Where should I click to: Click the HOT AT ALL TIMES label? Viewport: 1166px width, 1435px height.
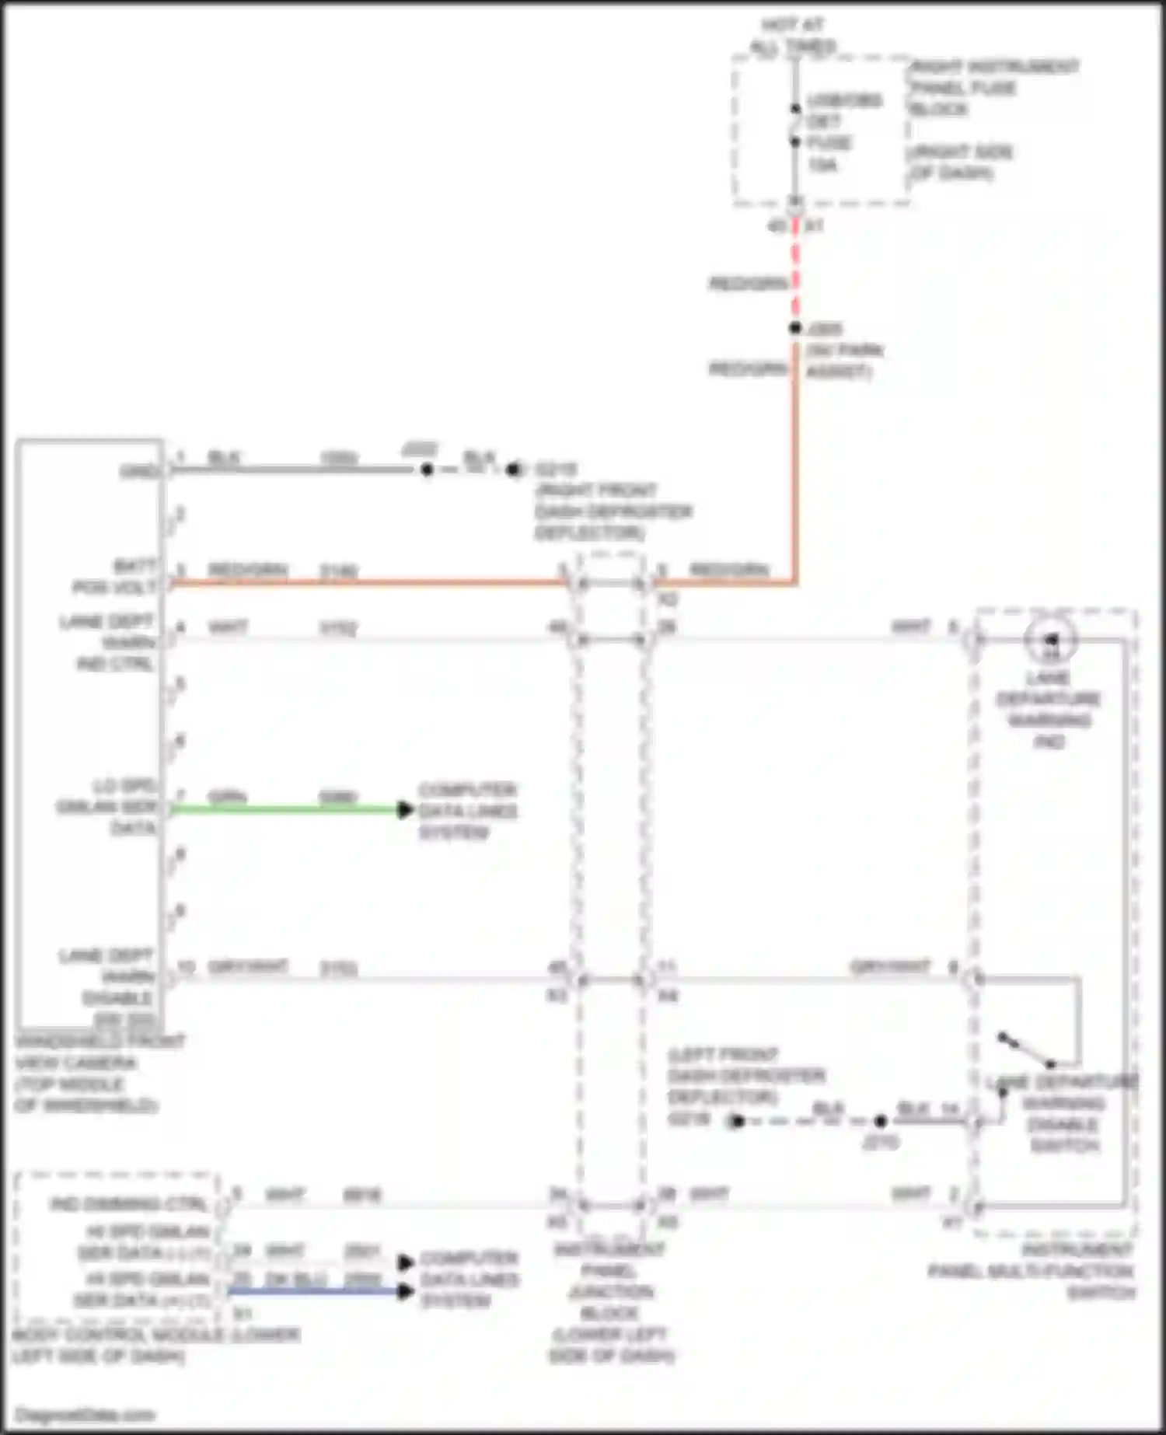793,36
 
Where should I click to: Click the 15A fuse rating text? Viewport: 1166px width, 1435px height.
822,165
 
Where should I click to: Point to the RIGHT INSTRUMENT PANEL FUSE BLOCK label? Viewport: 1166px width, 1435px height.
993,87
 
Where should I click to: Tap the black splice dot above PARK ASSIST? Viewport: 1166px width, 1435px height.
794,328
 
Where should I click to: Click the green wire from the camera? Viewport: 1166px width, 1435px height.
288,809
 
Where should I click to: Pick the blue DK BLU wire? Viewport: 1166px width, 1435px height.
311,1291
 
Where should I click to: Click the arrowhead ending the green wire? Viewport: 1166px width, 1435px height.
405,809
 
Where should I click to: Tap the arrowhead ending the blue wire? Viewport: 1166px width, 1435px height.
405,1291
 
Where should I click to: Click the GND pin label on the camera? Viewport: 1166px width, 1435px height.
140,472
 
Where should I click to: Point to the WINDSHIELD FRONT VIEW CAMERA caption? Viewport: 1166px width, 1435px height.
97,1073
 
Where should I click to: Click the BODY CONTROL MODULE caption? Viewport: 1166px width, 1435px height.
155,1346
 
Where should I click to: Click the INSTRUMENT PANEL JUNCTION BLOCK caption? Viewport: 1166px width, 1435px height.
611,1302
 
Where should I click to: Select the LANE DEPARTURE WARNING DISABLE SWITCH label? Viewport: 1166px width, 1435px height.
1063,1114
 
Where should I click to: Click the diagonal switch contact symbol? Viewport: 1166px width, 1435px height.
1026,1050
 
